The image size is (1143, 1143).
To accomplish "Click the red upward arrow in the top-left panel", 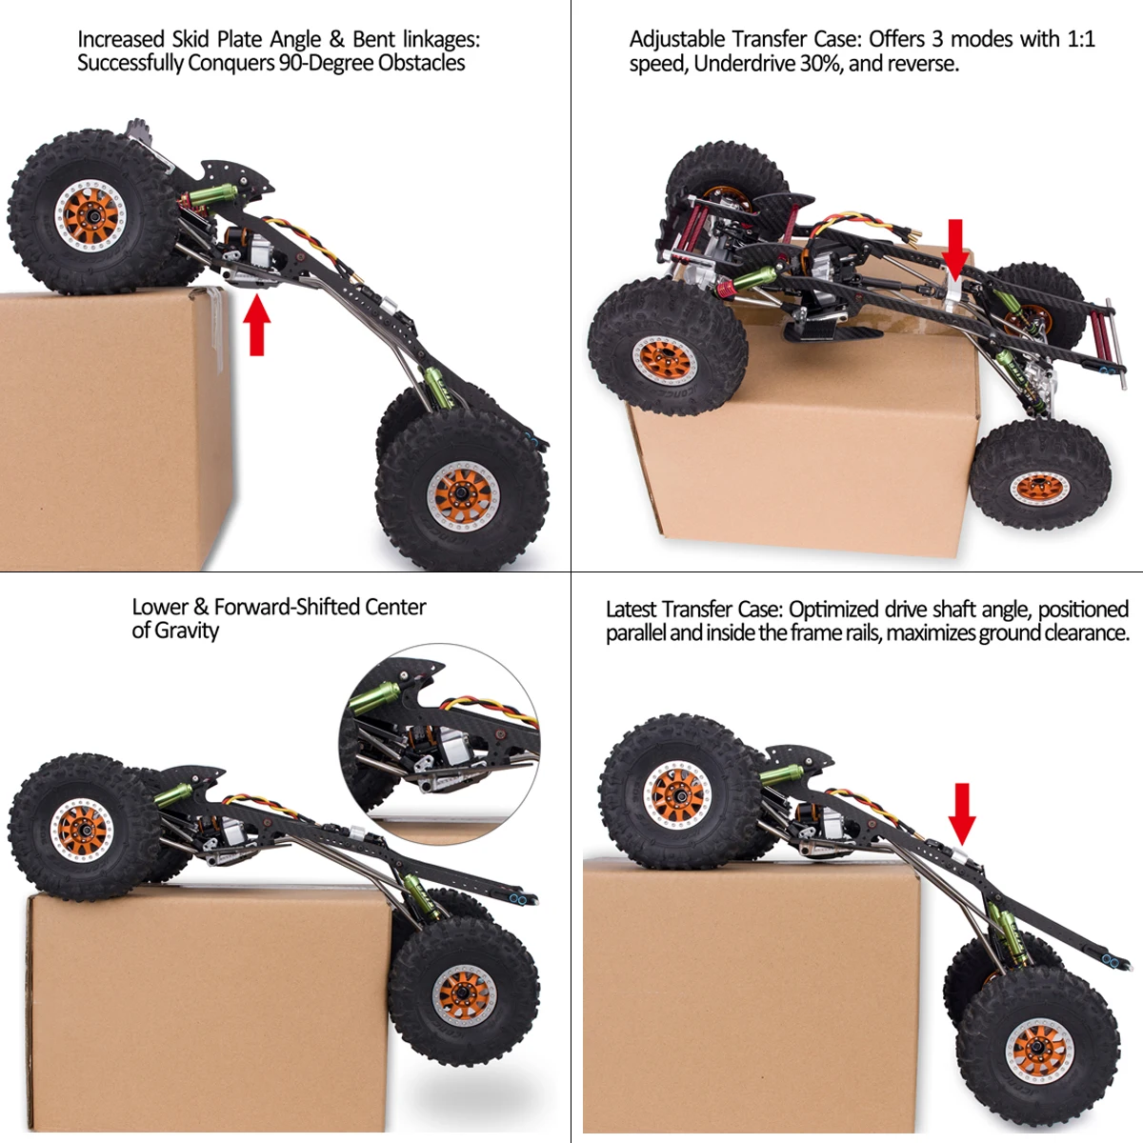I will coord(256,325).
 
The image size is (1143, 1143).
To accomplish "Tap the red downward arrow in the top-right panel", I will coord(954,249).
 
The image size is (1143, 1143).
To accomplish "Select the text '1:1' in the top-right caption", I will coord(1080,39).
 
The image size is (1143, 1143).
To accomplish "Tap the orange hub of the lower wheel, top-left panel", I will coord(462,495).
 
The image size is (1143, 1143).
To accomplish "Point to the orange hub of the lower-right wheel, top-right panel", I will coord(1039,488).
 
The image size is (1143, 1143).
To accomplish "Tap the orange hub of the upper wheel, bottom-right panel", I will coord(678,795).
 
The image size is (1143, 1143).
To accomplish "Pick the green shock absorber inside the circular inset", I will coord(374,698).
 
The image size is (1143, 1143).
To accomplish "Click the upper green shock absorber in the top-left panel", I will coord(213,197).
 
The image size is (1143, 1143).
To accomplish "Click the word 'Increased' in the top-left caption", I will coord(121,39).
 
